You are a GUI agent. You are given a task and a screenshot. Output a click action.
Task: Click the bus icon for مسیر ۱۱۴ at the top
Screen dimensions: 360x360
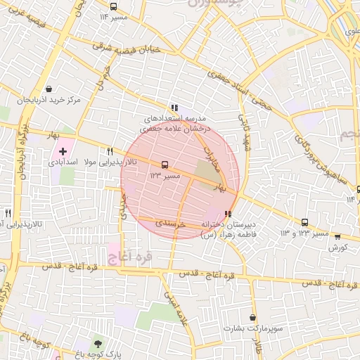[x=124, y=16]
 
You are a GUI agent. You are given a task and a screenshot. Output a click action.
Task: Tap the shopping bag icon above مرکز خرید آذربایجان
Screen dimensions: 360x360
[x=49, y=89]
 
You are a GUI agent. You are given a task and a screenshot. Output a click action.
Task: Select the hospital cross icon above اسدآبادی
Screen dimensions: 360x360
[x=63, y=151]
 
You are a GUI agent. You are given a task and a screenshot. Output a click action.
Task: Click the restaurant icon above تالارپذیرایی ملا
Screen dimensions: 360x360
[x=110, y=151]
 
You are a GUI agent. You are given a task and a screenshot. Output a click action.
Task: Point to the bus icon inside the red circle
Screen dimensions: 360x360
[x=165, y=165]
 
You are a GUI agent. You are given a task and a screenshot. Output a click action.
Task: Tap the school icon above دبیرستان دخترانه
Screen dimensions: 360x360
[x=227, y=214]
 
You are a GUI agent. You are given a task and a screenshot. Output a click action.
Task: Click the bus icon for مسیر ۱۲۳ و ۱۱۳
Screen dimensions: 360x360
[x=304, y=221]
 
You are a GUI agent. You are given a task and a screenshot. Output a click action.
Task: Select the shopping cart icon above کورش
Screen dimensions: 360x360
[x=337, y=238]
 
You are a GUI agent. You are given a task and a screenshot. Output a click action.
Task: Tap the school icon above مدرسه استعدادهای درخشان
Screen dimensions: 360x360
[x=175, y=106]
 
